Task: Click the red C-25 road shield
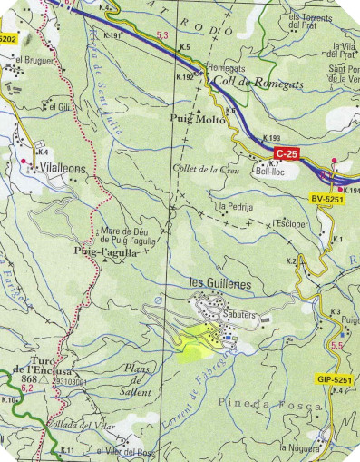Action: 287,154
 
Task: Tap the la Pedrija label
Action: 233,207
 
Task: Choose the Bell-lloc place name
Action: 272,170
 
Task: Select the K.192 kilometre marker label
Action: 182,79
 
